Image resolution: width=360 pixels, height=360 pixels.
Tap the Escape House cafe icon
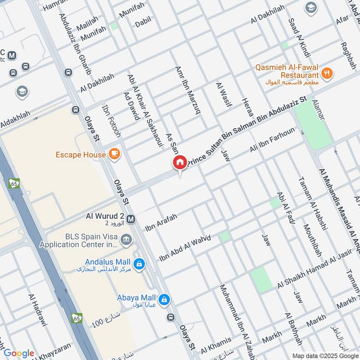coord(114,154)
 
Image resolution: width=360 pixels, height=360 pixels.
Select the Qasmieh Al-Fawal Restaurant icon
coord(327,72)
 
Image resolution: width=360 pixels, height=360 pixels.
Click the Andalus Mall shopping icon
coord(139,262)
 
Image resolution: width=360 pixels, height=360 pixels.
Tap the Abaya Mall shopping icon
coord(165,298)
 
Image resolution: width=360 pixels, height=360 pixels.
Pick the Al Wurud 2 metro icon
coord(131,220)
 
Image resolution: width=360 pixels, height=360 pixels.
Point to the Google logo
coord(19,353)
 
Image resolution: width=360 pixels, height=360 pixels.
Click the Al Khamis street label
coord(216,345)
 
